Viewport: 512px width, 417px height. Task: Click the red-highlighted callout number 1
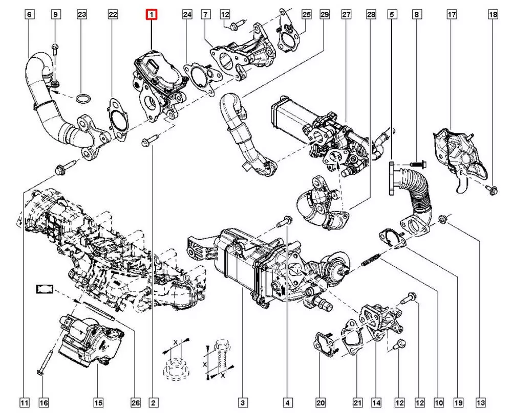[152, 15]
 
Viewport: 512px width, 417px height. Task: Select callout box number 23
[82, 15]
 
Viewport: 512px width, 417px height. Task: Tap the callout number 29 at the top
[324, 15]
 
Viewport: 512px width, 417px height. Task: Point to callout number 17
[452, 15]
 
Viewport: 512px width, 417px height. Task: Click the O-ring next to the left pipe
[82, 98]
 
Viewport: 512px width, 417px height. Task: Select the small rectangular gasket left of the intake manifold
[44, 290]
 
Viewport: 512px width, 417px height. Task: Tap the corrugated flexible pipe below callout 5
[416, 189]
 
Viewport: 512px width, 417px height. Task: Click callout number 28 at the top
[371, 15]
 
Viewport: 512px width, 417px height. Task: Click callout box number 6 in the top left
[29, 15]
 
